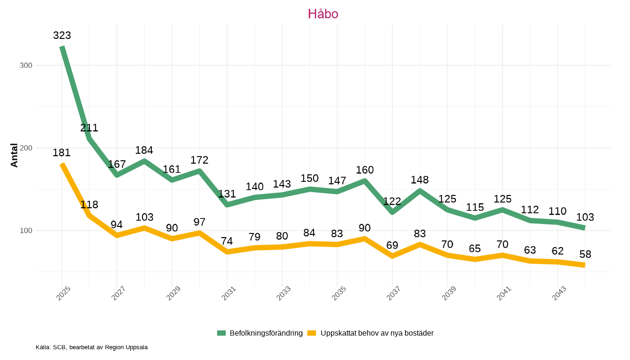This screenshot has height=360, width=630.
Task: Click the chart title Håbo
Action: pos(323,14)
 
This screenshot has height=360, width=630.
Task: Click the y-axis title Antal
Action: pos(15,155)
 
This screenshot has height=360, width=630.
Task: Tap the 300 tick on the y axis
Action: pos(26,65)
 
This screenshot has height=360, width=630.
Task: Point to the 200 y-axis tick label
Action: pos(26,148)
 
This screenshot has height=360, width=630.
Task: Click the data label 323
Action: pos(62,35)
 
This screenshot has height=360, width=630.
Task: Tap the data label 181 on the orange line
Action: pos(61,152)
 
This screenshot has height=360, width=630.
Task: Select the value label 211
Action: pos(89,128)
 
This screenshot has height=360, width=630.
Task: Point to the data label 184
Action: pos(144,150)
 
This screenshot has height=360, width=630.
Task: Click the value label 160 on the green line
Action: pos(365,170)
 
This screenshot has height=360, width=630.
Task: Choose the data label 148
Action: pos(420,180)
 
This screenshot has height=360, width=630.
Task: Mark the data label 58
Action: pos(585,254)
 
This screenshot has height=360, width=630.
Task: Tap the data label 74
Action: pos(227,241)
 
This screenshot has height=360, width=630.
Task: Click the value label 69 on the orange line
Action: pos(392,245)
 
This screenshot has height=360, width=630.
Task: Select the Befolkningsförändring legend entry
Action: pos(266,333)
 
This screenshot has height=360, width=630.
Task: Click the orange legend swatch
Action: pos(312,333)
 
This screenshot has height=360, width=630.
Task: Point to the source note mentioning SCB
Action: pos(91,347)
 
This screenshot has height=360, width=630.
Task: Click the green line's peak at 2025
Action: pos(62,47)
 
